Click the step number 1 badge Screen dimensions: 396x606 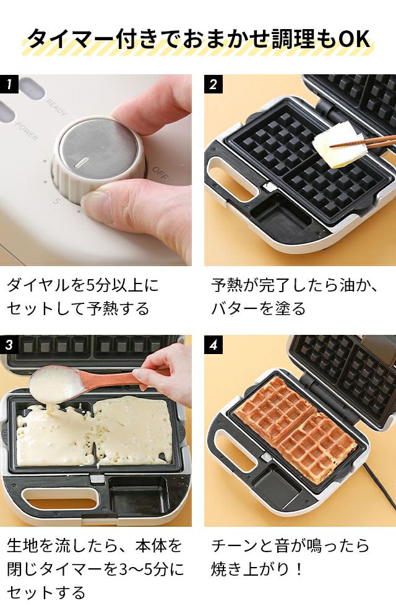(x=9, y=84)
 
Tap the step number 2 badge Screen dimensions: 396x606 (x=213, y=84)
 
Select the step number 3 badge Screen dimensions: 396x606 (x=9, y=344)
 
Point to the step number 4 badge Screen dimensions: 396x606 (x=213, y=344)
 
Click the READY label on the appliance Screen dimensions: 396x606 (x=56, y=107)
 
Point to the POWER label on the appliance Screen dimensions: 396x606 (x=27, y=131)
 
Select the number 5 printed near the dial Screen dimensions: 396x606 (x=56, y=201)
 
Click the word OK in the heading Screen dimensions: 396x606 (x=355, y=39)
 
